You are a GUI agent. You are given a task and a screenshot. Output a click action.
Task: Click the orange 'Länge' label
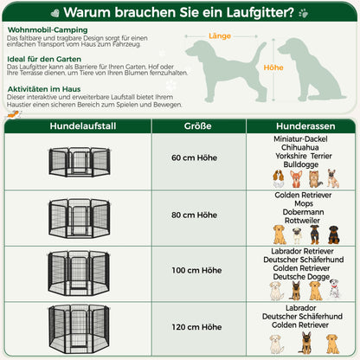click(219, 37)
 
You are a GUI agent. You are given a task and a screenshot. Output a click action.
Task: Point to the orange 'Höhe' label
click(273, 67)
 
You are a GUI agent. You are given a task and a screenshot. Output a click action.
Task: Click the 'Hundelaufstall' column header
click(78, 125)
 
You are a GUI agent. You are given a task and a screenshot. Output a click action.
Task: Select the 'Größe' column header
click(194, 125)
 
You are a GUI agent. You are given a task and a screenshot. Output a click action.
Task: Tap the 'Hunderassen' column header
click(300, 125)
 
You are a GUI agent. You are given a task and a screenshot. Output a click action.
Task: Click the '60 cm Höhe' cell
click(194, 158)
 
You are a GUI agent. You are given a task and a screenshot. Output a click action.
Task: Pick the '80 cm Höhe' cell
click(194, 215)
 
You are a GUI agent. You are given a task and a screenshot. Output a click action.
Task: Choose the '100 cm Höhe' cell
click(194, 271)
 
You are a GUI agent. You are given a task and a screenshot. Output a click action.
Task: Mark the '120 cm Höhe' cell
click(194, 327)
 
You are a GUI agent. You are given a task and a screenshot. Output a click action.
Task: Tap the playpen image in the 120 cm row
click(78, 328)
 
